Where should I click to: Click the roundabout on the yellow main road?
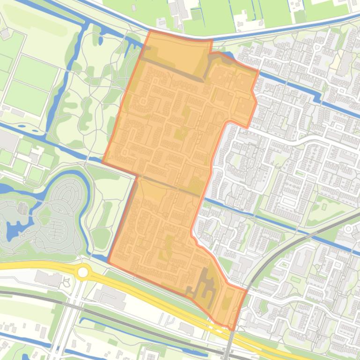coord(83,272)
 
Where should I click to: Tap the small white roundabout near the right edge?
coord(348,229)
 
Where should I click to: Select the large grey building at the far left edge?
coord(8,141)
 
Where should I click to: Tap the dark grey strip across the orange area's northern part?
coord(173,70)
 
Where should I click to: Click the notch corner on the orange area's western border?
coord(137,176)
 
